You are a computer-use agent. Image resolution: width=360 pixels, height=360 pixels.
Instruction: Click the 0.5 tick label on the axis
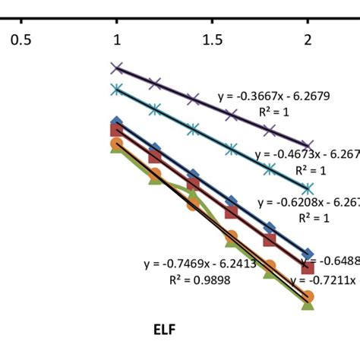(21, 39)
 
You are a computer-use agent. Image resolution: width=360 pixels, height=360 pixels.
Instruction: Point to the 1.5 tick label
(212, 39)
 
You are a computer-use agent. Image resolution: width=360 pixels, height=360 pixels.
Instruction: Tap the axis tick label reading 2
(308, 39)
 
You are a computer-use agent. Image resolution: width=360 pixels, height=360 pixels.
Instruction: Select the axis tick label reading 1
(116, 39)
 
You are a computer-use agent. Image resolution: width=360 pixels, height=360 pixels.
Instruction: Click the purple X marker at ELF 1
(116, 68)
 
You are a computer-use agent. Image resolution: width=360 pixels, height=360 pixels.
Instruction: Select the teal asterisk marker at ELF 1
(116, 90)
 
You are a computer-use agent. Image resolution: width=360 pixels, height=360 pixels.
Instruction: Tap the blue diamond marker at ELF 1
(116, 122)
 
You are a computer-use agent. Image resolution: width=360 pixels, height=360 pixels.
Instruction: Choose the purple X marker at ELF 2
(308, 145)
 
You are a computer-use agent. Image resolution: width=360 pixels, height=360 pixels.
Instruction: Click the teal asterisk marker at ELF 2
(308, 188)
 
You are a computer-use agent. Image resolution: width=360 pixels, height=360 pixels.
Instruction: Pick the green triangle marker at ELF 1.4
(193, 194)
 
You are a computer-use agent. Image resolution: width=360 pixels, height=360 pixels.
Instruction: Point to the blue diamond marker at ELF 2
(308, 254)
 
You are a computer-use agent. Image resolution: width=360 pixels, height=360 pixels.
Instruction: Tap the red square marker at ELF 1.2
(154, 156)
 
